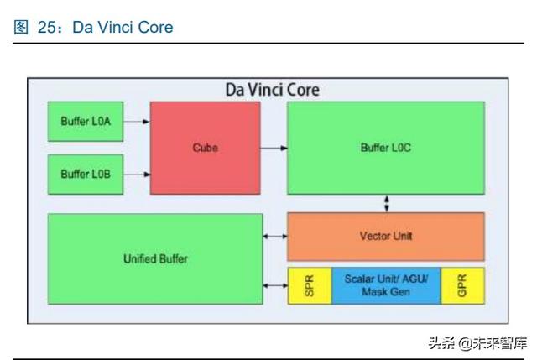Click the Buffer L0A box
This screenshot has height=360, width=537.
tap(86, 121)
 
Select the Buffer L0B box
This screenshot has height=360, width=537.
tap(86, 175)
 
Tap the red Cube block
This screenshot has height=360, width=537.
tap(205, 148)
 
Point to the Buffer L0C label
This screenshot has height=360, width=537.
tap(386, 148)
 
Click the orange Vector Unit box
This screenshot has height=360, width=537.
tap(386, 237)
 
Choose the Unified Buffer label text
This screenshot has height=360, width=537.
tap(155, 258)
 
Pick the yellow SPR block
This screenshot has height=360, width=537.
tap(310, 285)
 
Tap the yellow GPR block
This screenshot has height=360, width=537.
tap(462, 285)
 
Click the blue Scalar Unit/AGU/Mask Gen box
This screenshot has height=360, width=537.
tap(386, 285)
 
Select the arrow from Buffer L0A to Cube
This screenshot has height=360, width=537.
tap(137, 121)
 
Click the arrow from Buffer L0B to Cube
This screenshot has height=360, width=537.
tap(137, 175)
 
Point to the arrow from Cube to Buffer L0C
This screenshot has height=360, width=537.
tap(274, 148)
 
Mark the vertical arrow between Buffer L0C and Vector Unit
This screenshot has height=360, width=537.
tap(387, 203)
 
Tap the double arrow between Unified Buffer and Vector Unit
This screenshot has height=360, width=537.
tap(275, 236)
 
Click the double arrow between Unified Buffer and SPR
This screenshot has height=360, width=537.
tap(275, 285)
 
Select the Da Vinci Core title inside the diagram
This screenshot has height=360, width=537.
tap(273, 90)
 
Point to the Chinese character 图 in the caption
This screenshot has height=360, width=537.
tap(21, 28)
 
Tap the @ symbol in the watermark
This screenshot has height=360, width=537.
tap(466, 343)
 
